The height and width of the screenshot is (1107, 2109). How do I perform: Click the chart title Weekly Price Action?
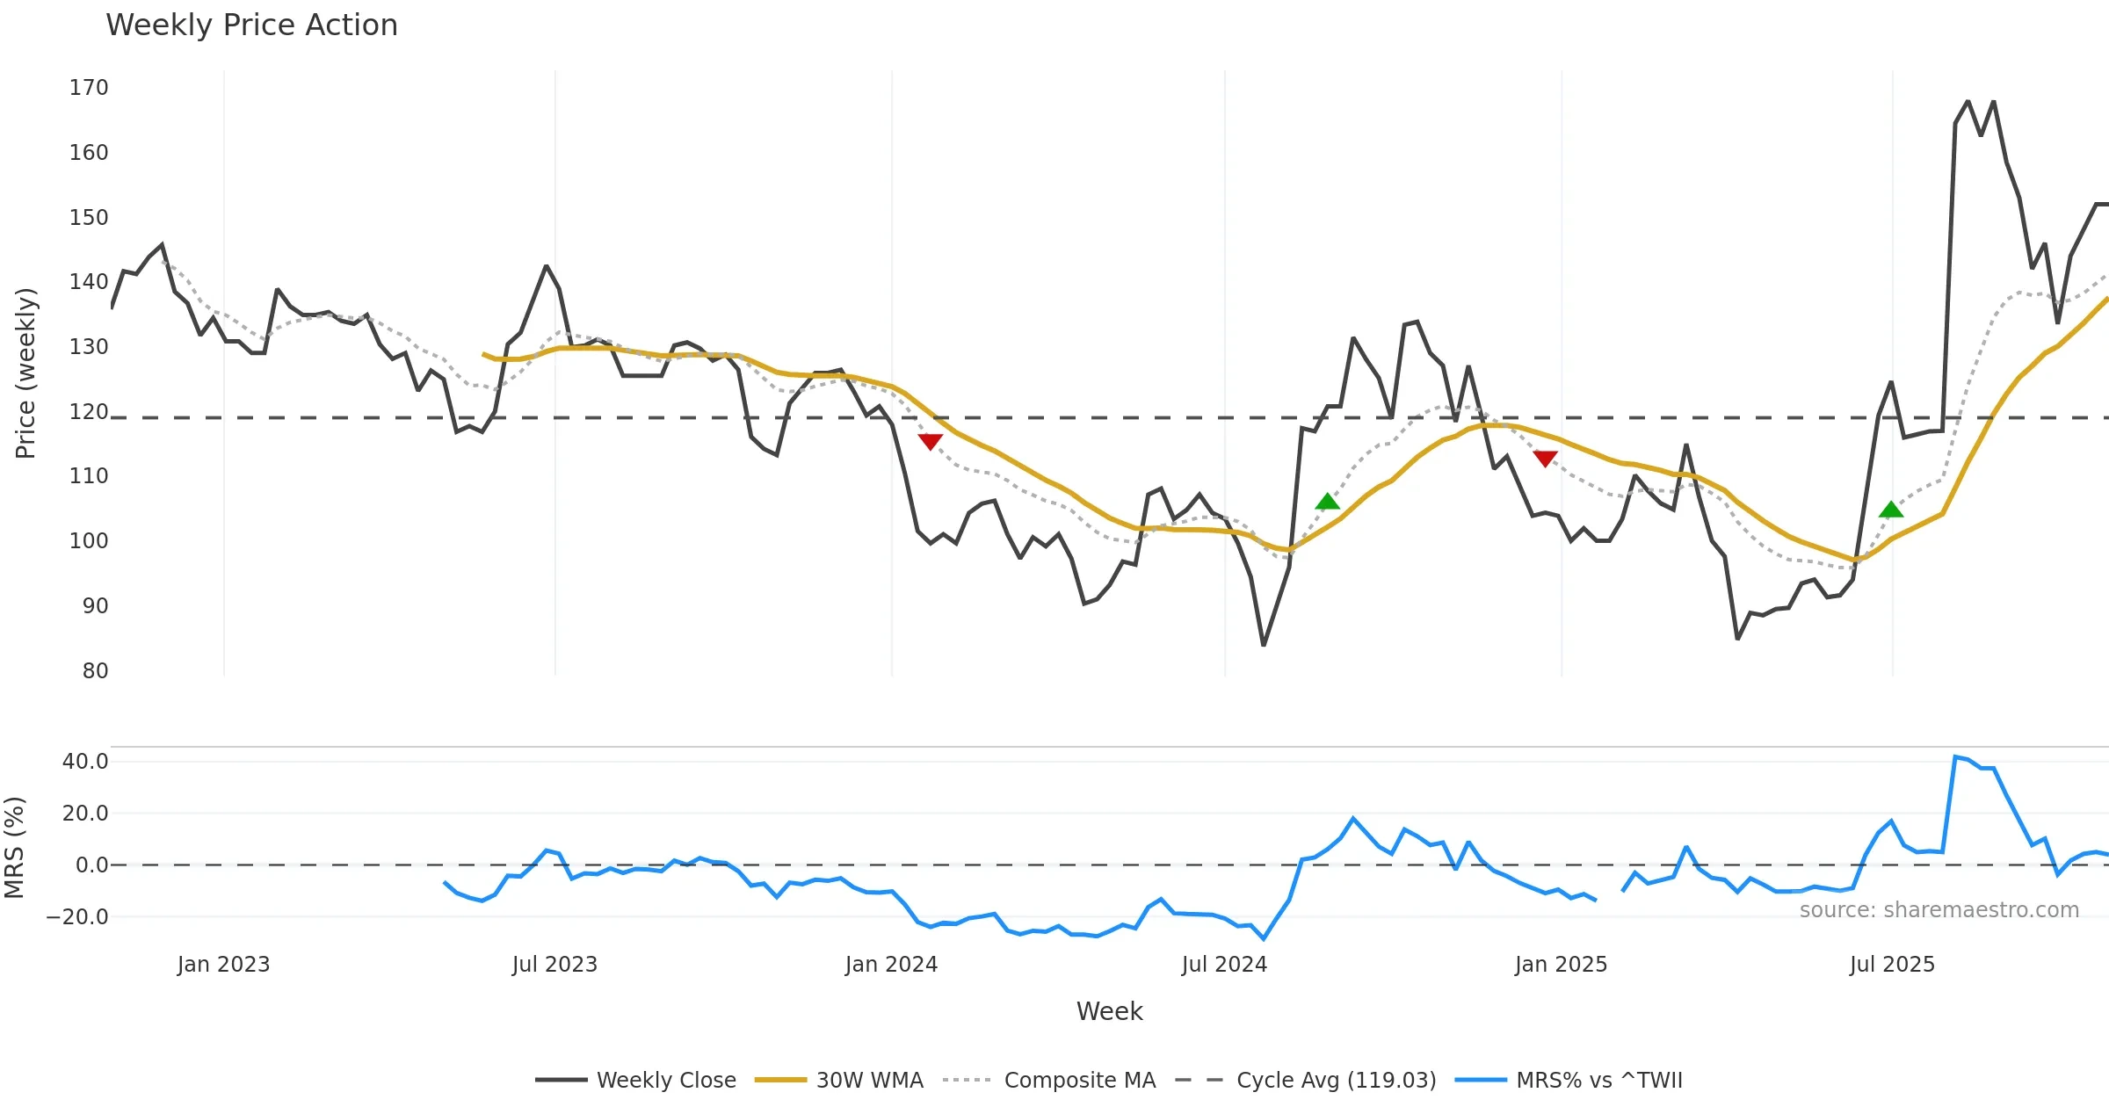tap(251, 25)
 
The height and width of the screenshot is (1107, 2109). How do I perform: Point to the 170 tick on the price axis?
tap(89, 88)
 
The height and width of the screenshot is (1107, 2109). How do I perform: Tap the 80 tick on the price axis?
tap(95, 671)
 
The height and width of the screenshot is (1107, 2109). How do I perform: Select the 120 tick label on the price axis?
tap(89, 412)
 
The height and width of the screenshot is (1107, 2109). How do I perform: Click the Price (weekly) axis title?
tap(25, 373)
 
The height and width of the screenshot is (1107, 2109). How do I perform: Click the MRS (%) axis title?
tap(14, 847)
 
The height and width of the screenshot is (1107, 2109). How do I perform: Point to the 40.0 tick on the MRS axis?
tap(85, 762)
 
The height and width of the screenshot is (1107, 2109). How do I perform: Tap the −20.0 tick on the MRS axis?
tap(77, 917)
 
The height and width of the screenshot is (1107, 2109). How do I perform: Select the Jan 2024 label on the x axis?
tap(891, 965)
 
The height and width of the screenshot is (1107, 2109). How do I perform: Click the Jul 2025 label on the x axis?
tap(1892, 965)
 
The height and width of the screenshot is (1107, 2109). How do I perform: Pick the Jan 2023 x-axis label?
tap(223, 965)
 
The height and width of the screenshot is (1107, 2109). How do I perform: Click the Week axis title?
tap(1109, 1012)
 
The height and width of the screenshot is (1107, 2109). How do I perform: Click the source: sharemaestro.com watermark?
tap(1939, 910)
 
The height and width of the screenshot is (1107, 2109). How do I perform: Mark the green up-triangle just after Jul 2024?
tap(1327, 502)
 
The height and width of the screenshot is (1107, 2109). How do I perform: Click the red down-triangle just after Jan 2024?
tap(930, 441)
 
